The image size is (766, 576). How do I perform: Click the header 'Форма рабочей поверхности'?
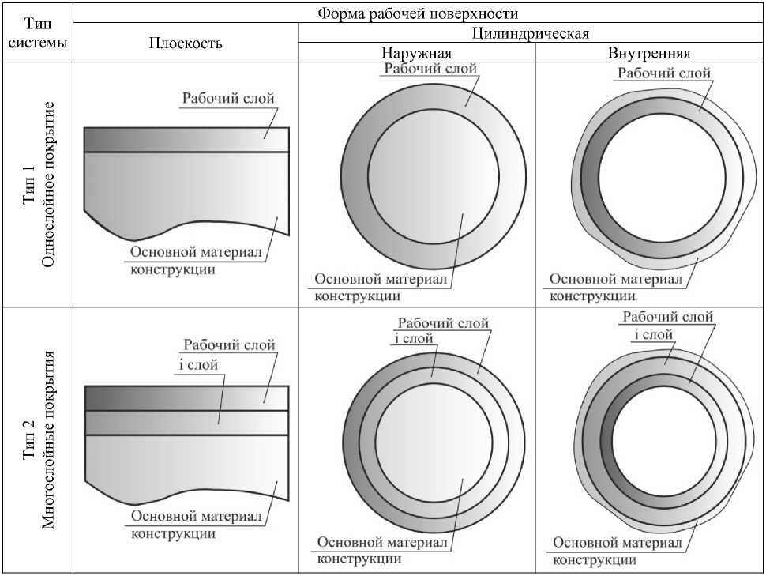coord(418,13)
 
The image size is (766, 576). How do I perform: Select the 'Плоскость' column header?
coord(186,43)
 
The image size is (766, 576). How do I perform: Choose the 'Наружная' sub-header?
coord(416,54)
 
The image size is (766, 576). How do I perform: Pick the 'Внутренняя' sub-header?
coord(649,54)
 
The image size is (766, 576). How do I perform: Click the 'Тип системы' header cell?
coord(36,34)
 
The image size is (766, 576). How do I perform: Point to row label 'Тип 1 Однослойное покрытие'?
coord(39,184)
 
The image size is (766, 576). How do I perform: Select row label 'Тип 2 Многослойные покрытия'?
coord(39,439)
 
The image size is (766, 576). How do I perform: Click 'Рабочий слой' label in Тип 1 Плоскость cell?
coord(228,99)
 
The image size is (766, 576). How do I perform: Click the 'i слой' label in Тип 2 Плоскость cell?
coord(194,364)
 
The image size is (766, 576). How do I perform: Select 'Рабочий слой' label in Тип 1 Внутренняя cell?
coord(664,73)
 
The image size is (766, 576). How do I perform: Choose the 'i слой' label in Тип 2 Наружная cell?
coord(413,338)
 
